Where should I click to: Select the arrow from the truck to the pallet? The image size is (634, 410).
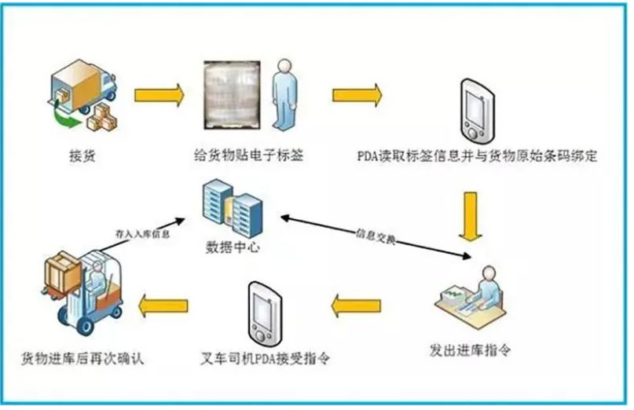pyautogui.click(x=159, y=95)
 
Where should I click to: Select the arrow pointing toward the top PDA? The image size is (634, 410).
pyautogui.click(x=357, y=95)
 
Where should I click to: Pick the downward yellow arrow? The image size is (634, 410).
pyautogui.click(x=471, y=214)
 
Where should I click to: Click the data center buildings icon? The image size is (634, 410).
pyautogui.click(x=230, y=207)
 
